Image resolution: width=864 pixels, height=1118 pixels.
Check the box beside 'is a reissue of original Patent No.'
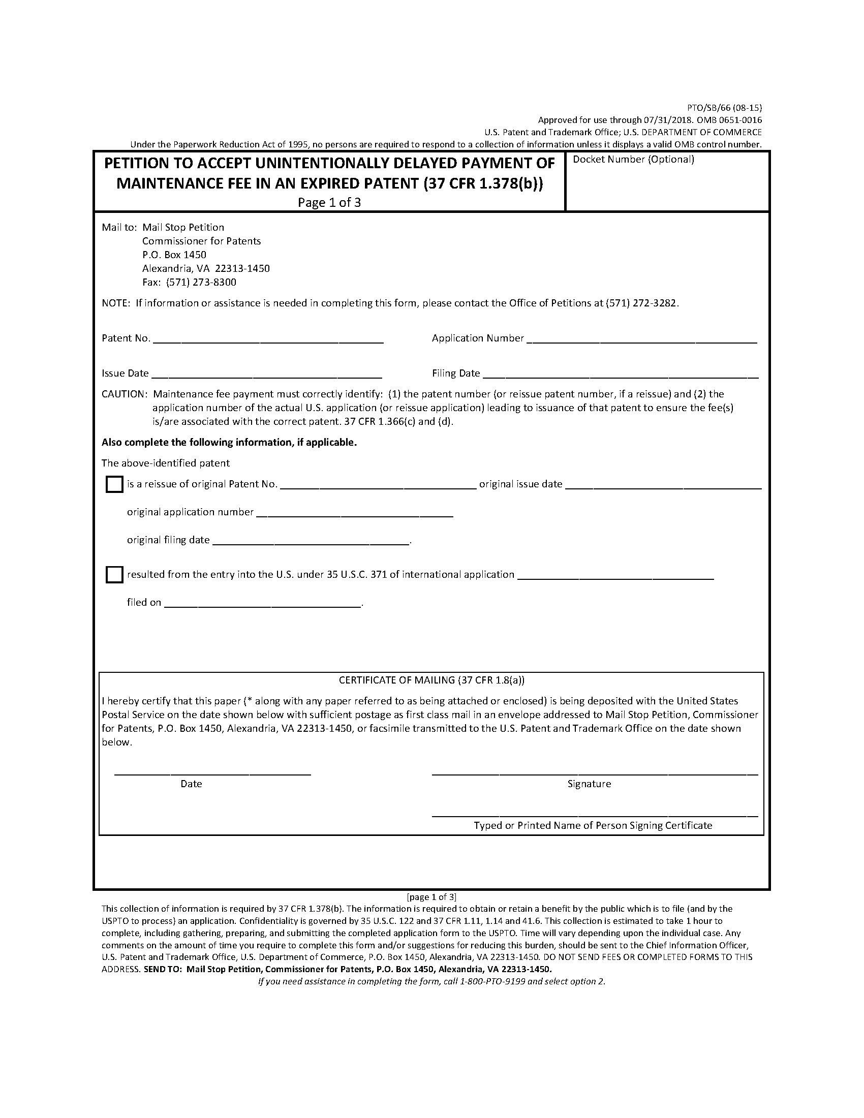click(114, 484)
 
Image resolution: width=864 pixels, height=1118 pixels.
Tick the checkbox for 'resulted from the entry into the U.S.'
click(114, 575)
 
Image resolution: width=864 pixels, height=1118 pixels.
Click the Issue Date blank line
click(267, 374)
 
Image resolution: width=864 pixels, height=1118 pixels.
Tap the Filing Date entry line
click(620, 374)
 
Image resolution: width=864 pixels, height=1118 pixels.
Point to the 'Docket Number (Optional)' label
click(633, 159)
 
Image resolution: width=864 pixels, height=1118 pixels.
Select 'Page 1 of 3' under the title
click(329, 203)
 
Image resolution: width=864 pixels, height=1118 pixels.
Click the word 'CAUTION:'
click(125, 394)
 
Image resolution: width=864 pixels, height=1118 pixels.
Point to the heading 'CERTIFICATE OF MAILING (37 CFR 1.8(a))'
click(431, 680)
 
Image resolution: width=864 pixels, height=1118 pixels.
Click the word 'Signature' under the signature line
click(589, 784)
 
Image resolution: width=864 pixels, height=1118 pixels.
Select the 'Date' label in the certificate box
click(191, 784)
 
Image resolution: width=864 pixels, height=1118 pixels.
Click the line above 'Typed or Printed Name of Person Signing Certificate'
click(594, 815)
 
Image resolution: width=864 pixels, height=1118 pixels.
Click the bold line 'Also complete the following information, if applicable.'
click(229, 442)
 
